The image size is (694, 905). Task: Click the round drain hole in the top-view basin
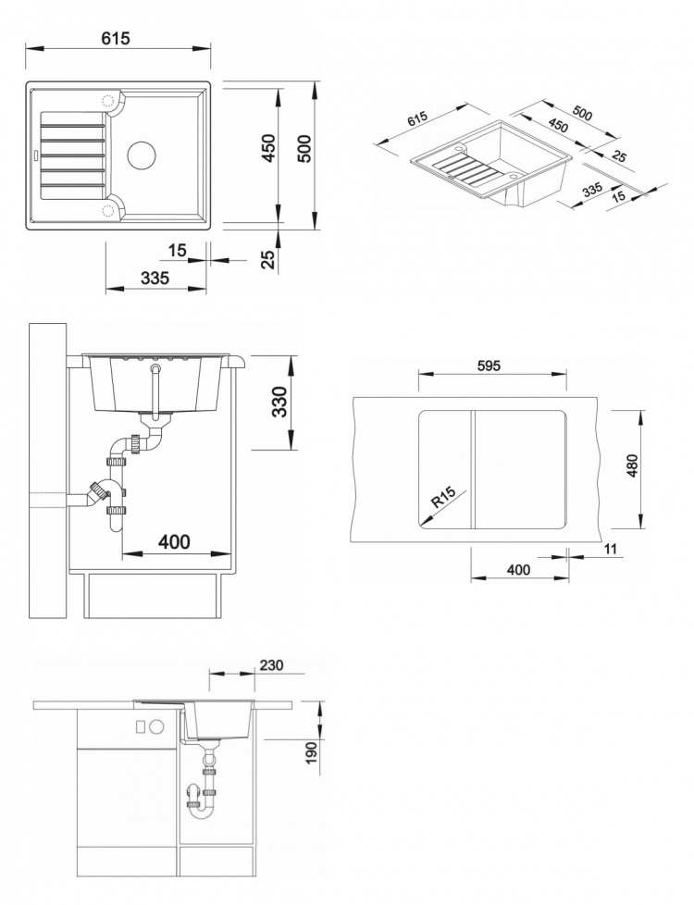pos(142,155)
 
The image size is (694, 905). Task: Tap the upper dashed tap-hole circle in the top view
pos(108,101)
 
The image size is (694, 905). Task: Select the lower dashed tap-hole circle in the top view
pos(108,210)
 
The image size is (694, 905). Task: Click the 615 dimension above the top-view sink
pos(116,38)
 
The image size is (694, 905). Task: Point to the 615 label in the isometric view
pos(416,119)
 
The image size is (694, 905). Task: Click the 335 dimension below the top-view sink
pos(155,279)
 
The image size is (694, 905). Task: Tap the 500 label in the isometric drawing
pos(583,114)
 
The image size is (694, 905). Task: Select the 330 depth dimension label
pos(280,402)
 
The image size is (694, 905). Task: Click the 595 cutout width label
pos(489,366)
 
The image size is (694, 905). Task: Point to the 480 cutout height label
pos(632,465)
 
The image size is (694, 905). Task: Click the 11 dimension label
pos(611,549)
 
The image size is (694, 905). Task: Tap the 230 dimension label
pos(271,665)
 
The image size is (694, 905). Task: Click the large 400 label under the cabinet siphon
pos(174,542)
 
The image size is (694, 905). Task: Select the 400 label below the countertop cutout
pos(518,570)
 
